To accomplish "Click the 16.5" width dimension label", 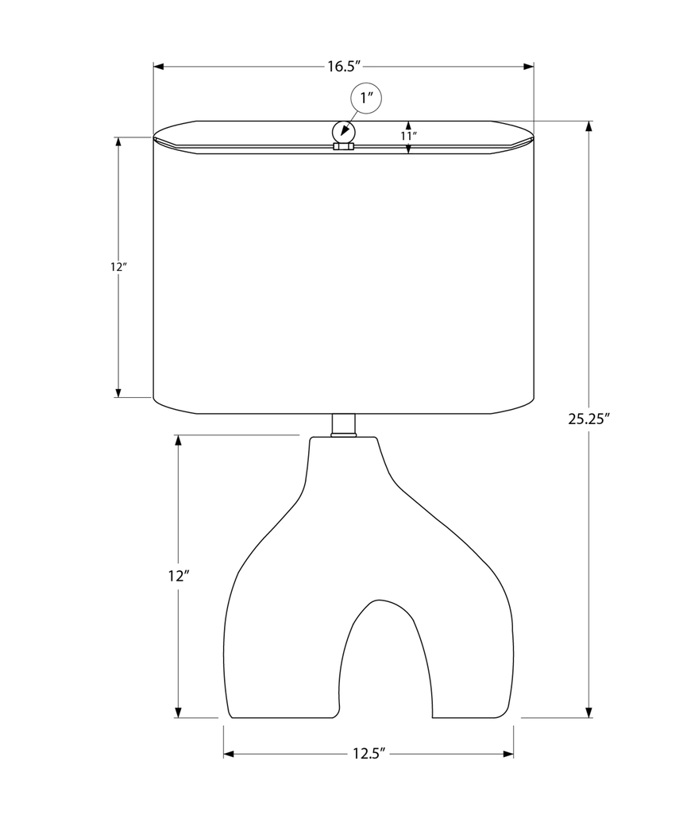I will click(x=344, y=67).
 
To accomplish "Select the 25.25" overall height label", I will click(x=588, y=420).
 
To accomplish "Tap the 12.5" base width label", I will click(x=369, y=754).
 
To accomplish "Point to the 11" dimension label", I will click(x=408, y=136).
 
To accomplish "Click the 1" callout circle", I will click(x=366, y=98).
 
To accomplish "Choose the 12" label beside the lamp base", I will click(x=177, y=576).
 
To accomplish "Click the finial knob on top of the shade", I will click(x=343, y=132).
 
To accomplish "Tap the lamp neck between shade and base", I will click(x=343, y=425).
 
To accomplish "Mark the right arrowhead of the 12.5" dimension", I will click(x=508, y=754).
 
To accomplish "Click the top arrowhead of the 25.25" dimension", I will click(x=589, y=126).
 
